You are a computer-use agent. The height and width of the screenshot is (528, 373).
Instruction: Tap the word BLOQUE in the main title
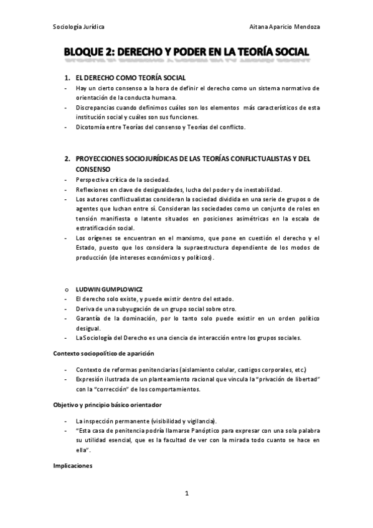click(88, 54)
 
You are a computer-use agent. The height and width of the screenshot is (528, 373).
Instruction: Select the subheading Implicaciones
click(73, 466)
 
